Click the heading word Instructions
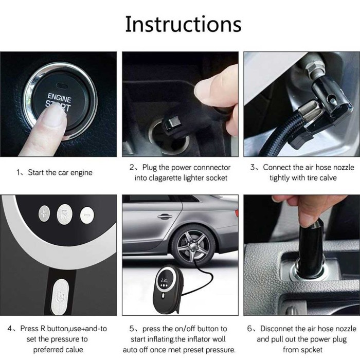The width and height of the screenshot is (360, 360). point(183,24)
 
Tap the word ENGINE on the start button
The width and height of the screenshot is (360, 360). point(60,98)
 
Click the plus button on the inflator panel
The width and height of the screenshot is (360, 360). point(44,214)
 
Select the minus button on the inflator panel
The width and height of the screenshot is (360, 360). point(87,215)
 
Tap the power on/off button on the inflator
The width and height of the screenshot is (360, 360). point(60,297)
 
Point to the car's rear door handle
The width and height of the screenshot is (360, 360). point(165,216)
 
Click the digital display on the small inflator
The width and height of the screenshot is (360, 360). point(165,280)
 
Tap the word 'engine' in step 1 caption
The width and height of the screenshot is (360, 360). point(81,173)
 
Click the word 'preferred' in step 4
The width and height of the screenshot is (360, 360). point(45,350)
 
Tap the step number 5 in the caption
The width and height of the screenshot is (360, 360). point(132,329)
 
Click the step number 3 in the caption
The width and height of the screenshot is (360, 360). point(253,167)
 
